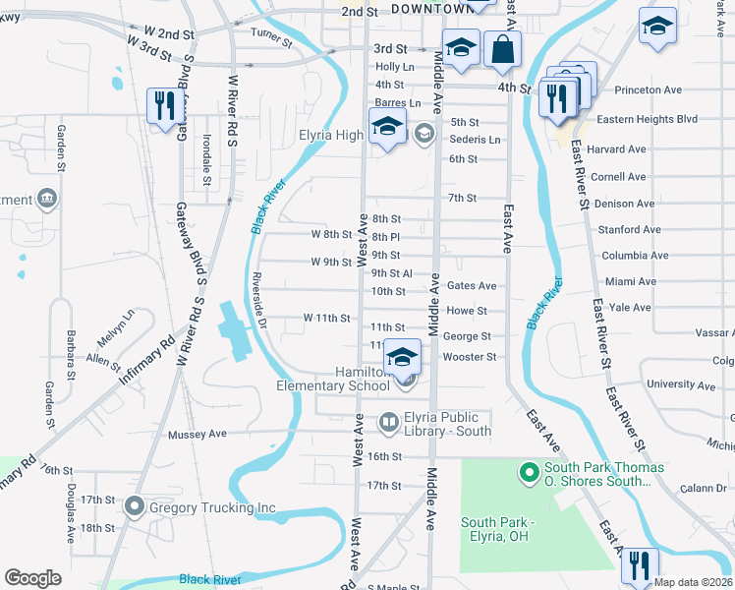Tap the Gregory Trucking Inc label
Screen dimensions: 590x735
pyautogui.click(x=212, y=508)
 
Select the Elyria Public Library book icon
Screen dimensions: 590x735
pyautogui.click(x=389, y=424)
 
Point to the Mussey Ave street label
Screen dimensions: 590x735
pyautogui.click(x=198, y=434)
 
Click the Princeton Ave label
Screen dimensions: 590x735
pyautogui.click(x=648, y=90)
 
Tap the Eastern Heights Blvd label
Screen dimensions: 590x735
pyautogui.click(x=647, y=119)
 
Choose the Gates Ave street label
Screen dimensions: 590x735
pyautogui.click(x=472, y=286)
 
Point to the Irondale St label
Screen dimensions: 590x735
pyautogui.click(x=207, y=159)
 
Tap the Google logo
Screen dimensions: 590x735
pyautogui.click(x=32, y=578)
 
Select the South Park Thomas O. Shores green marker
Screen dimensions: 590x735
pyautogui.click(x=528, y=474)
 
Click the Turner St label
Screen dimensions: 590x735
pyautogui.click(x=271, y=37)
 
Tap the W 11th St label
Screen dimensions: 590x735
pyautogui.click(x=327, y=318)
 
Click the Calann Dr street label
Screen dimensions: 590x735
pyautogui.click(x=706, y=489)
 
